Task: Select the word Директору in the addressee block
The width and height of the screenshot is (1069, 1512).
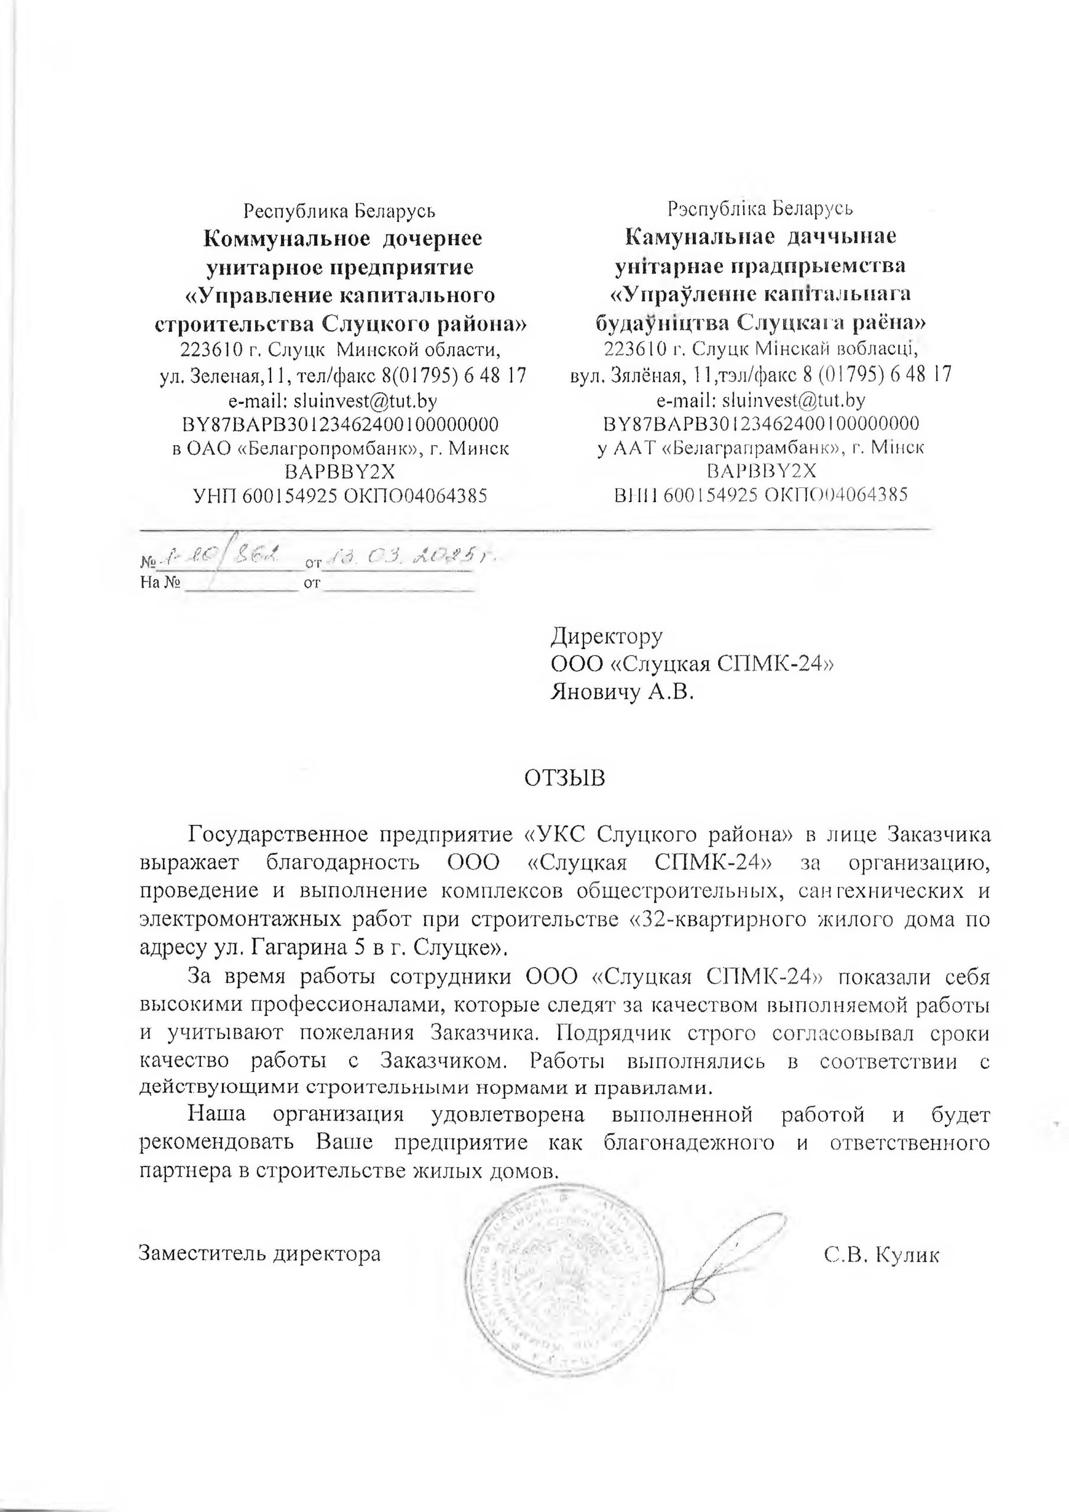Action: [x=606, y=636]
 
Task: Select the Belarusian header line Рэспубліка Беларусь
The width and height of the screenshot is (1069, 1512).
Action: [x=760, y=210]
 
